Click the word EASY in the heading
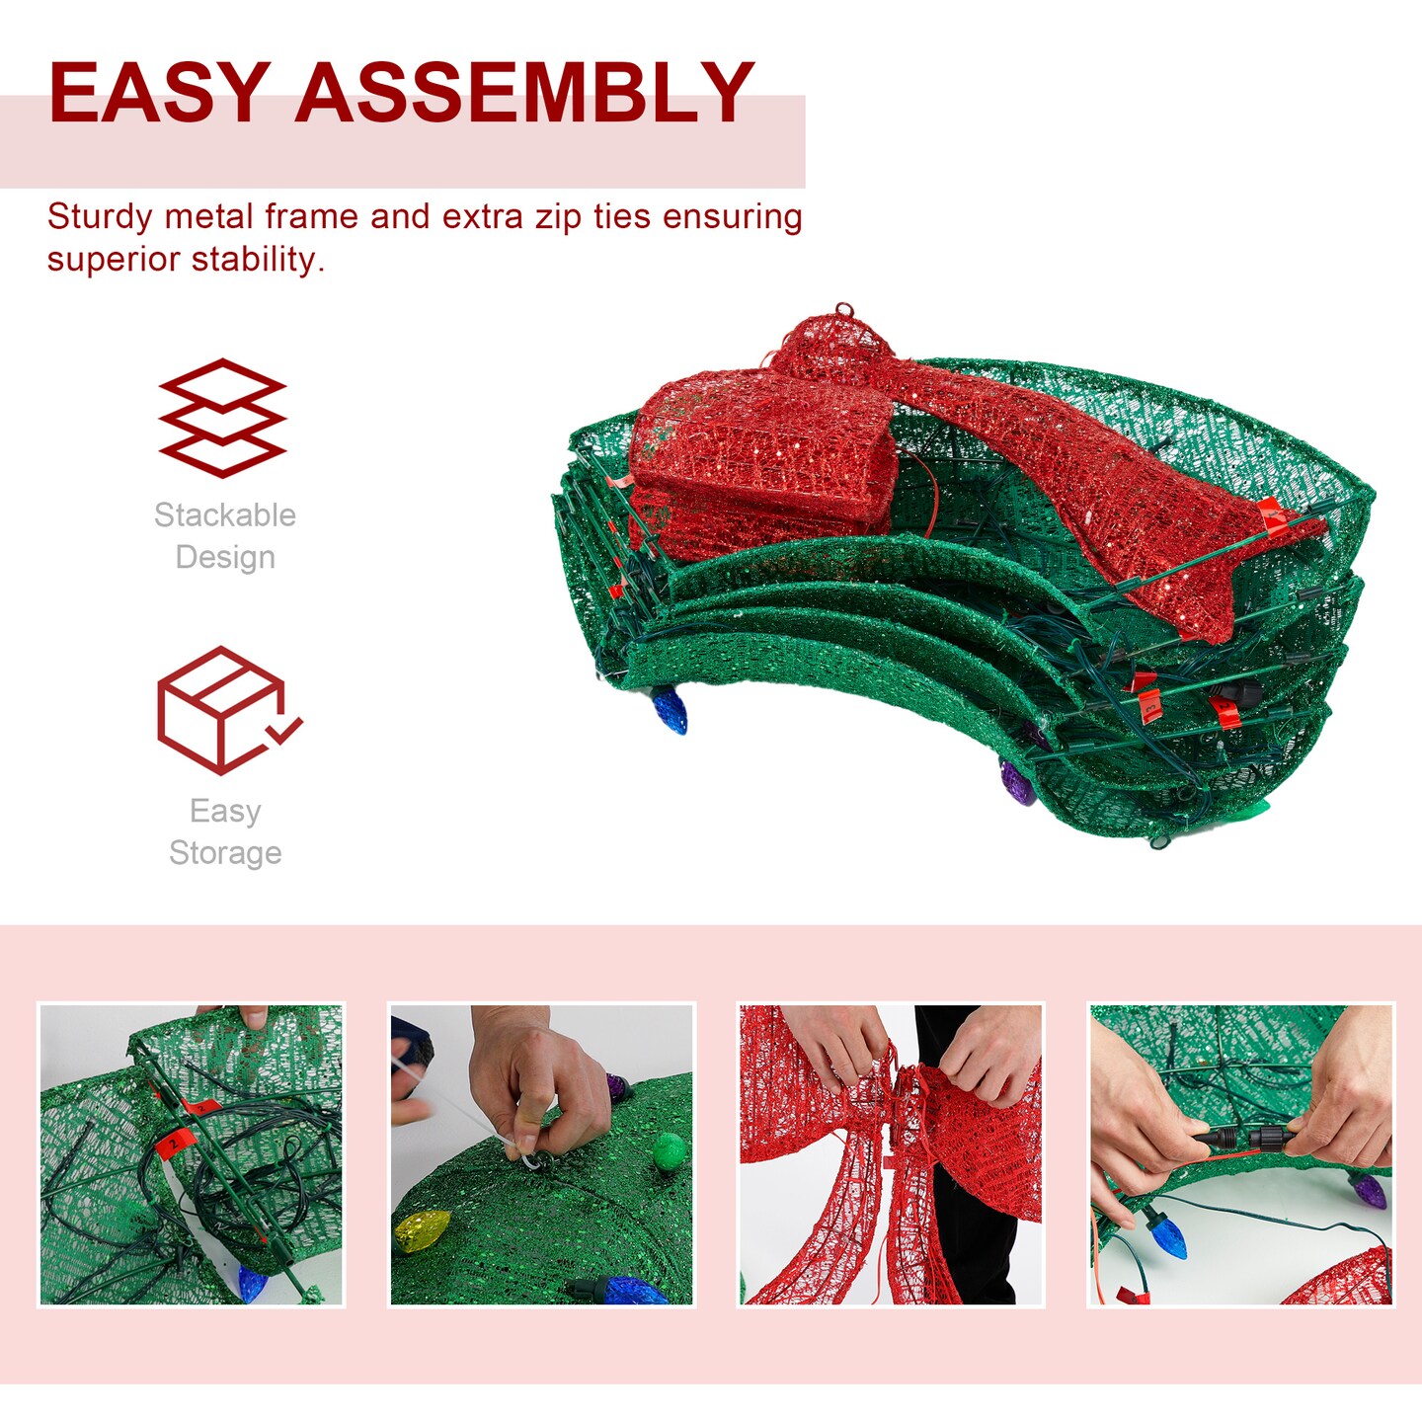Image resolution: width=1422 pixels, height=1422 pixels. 159,93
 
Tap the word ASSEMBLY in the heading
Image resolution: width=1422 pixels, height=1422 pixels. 524,93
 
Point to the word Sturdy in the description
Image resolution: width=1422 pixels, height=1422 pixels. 100,217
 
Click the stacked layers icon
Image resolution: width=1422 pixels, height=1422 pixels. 223,418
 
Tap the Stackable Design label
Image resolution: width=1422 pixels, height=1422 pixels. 225,536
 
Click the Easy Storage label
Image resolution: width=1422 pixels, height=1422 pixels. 225,831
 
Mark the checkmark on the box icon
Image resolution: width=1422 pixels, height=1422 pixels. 283,732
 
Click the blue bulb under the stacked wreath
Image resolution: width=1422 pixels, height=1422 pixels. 670,710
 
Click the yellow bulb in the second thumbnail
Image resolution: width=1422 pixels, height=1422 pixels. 421,1230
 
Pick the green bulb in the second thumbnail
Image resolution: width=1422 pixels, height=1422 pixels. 670,1151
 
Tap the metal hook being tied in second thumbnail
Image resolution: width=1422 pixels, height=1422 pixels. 531,1160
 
